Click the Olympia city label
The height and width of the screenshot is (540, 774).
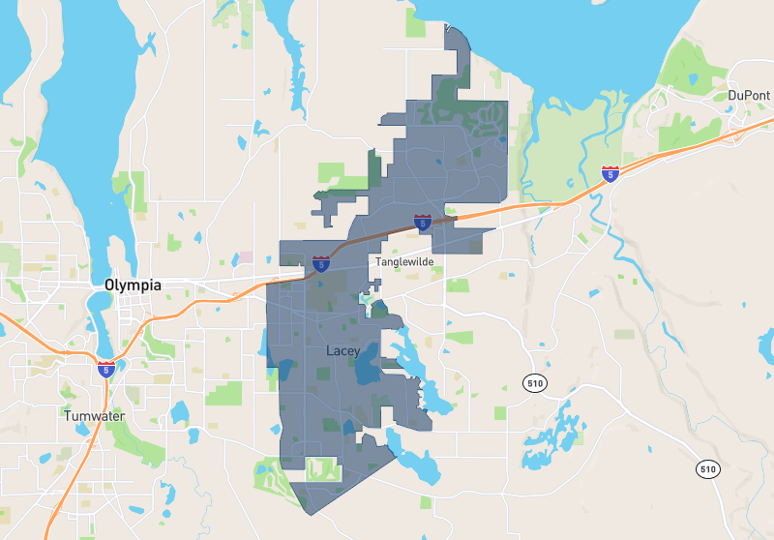(133, 285)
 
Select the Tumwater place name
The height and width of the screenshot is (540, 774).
(94, 415)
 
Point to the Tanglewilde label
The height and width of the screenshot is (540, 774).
(404, 262)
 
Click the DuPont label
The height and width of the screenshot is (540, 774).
(749, 95)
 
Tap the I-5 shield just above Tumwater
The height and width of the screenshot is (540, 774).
(106, 369)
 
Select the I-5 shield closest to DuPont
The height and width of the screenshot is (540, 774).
(610, 174)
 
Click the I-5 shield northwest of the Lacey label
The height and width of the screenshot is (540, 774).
(320, 263)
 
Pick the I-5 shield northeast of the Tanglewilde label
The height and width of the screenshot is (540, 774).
(423, 222)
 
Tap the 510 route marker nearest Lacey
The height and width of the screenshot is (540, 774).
(534, 383)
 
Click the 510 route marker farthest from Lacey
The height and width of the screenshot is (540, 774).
(708, 469)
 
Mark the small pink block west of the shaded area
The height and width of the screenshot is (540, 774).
(246, 257)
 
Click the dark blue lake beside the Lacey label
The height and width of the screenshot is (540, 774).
(367, 372)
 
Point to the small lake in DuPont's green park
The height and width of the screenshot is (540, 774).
(692, 79)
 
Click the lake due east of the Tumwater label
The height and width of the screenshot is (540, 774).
(179, 412)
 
